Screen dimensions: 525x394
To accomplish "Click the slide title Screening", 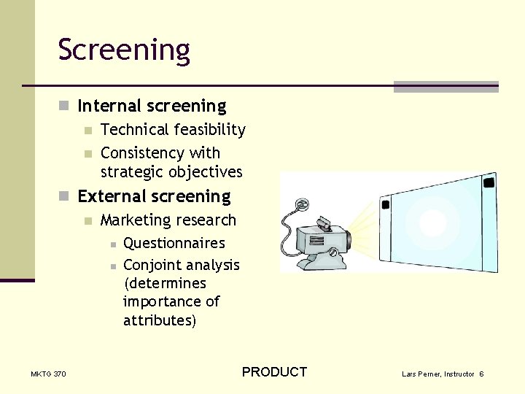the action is pos(124,50).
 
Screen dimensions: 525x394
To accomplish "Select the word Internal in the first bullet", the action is pos(109,106).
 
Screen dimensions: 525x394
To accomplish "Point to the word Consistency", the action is pos(142,153).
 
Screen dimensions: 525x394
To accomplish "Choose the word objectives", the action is pos(205,172).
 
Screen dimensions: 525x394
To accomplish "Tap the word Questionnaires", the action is pos(174,243).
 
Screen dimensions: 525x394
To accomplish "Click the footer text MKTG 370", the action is pos(48,374).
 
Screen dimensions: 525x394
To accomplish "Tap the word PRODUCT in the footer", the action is pos(274,372).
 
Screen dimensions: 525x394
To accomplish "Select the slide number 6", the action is pos(481,374).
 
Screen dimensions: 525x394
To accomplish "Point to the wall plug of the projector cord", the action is pos(301,204).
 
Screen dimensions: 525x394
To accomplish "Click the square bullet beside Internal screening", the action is pos(63,106).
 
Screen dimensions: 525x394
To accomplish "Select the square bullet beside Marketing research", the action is pos(88,221).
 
